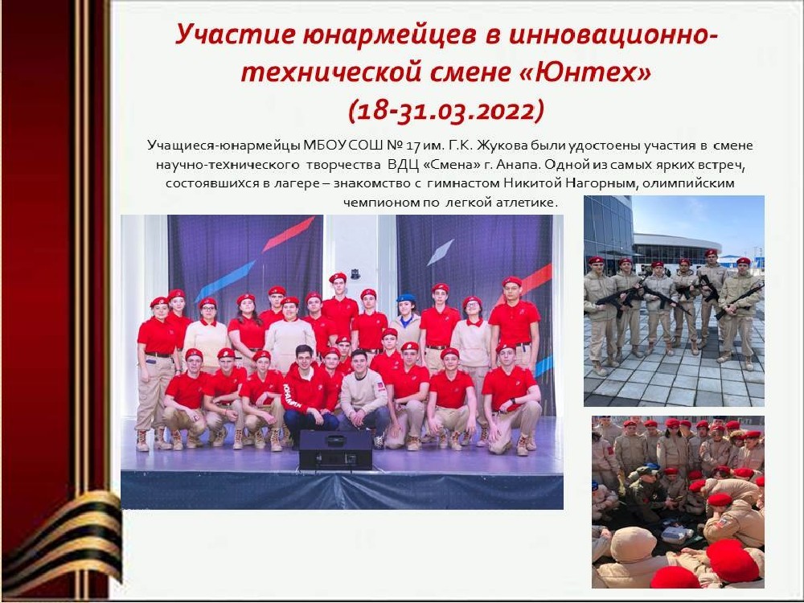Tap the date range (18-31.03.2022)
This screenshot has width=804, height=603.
point(445,109)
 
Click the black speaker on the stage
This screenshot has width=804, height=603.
point(336,449)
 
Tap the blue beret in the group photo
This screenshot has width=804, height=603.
point(407,298)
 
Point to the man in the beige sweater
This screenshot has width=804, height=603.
point(364,396)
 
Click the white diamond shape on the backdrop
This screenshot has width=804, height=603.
point(441,252)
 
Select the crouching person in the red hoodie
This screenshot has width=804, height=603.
point(308,392)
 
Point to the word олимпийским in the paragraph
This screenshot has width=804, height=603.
point(688,183)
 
